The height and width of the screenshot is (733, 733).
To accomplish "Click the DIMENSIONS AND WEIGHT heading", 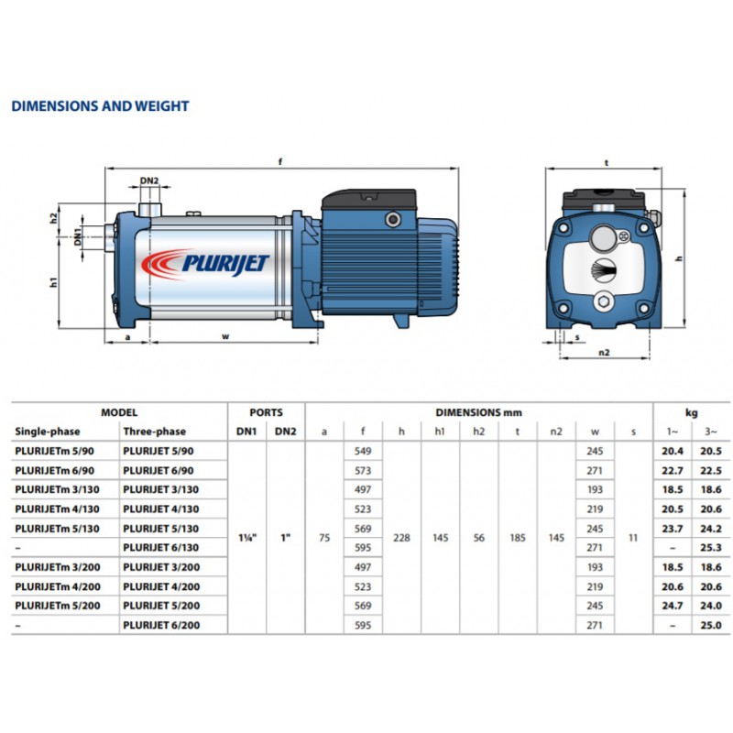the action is pos(100,106).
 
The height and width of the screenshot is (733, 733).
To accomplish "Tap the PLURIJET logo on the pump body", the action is pos(205,264).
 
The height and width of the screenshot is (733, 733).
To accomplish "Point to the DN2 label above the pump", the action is pos(149,181).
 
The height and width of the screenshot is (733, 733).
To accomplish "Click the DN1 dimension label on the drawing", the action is pos(77,236).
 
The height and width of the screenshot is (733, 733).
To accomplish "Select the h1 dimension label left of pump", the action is pos(53,282).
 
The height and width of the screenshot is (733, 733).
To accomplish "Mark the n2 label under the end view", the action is pos(604,353).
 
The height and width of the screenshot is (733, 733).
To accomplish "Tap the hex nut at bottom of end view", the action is pos(604,301).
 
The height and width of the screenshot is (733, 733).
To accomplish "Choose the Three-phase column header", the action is pos(155,432).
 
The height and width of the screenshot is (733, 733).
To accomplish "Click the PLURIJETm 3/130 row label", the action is pos(57,489).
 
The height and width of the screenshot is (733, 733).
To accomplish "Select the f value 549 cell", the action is pos(363,451).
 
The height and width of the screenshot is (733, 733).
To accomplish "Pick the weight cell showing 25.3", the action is pos(711,547).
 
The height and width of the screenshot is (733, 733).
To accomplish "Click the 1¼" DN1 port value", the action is pos(247,538).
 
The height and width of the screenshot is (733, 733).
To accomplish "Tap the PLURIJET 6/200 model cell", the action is pos(161,625).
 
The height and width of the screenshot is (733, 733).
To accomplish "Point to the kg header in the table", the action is pos(692,413).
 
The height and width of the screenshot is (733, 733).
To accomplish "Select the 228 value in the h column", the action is pos(401,538).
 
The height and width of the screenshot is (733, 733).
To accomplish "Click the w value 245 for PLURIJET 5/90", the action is pos(595,451).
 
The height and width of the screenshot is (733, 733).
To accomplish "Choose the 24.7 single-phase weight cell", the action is pos(673,606).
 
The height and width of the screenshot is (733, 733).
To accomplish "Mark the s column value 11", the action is pos(633,538).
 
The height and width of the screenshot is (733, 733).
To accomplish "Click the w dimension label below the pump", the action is pos(225,336).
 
